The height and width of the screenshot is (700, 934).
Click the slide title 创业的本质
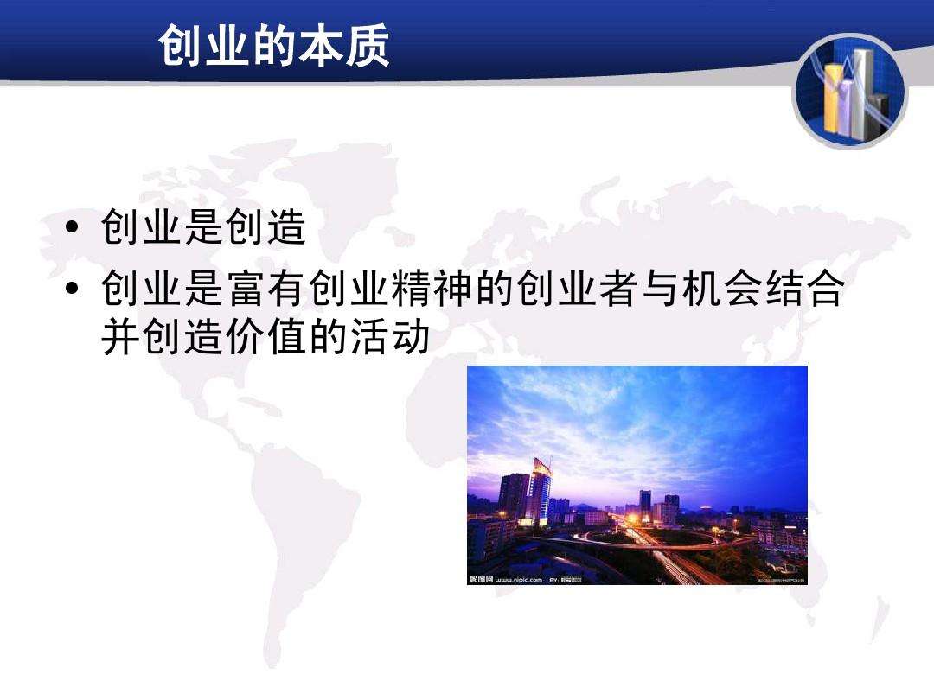274,48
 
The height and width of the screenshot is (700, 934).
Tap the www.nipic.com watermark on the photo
517,579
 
